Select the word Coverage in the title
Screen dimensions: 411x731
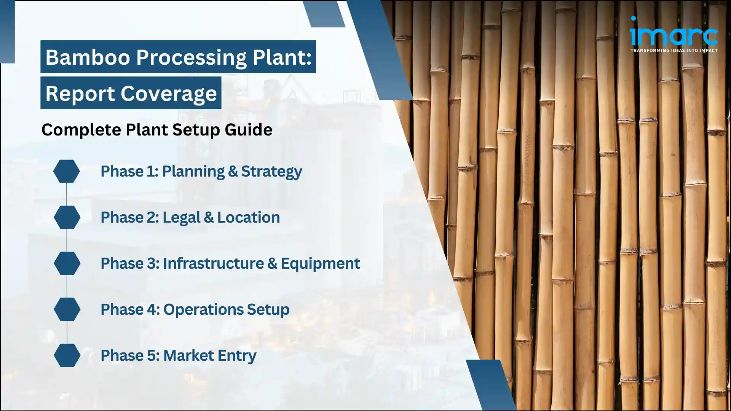pyautogui.click(x=169, y=93)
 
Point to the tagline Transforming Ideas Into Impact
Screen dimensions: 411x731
pyautogui.click(x=674, y=50)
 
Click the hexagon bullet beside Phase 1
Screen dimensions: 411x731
pyautogui.click(x=67, y=171)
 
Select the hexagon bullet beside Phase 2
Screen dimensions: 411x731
pyautogui.click(x=67, y=217)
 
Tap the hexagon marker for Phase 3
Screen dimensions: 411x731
pyautogui.click(x=67, y=263)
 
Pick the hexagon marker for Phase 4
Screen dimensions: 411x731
pyautogui.click(x=67, y=309)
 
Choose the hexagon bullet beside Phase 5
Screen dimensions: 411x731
pyautogui.click(x=67, y=355)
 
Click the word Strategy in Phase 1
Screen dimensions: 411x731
pyautogui.click(x=271, y=171)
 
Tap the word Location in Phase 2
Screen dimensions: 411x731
pyautogui.click(x=248, y=217)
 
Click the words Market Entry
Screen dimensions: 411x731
pyautogui.click(x=209, y=355)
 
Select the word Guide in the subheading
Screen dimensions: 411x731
pyautogui.click(x=248, y=130)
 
